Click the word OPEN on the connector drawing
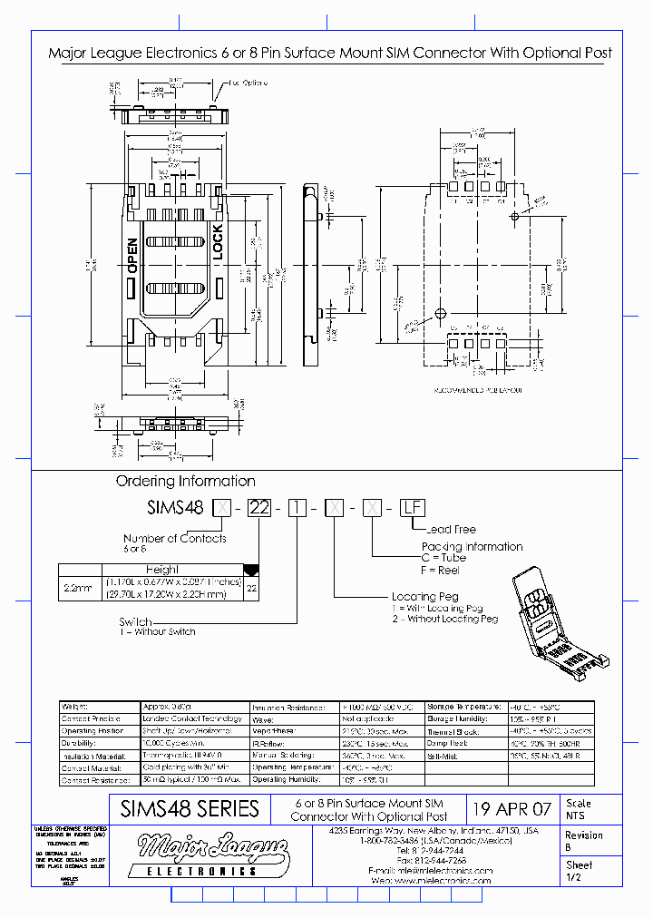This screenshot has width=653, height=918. (x=132, y=256)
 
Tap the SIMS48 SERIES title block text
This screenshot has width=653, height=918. (x=190, y=809)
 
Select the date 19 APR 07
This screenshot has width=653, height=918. (x=512, y=809)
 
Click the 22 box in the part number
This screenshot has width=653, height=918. (x=258, y=508)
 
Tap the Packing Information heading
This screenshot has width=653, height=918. (x=472, y=547)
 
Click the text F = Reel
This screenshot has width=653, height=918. (x=441, y=570)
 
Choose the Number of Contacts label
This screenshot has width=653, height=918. (x=175, y=538)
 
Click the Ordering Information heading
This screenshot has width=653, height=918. (x=185, y=481)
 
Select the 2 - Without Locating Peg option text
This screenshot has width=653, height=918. (x=445, y=619)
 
